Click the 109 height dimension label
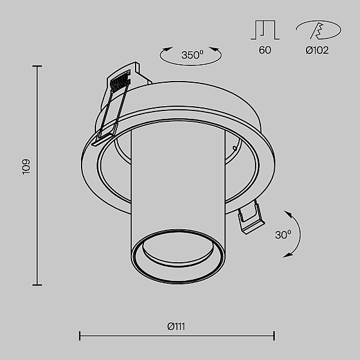[26, 166]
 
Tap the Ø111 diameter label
[176, 326]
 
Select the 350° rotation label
[193, 55]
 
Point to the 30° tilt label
[283, 235]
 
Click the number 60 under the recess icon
[265, 50]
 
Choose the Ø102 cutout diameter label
[317, 50]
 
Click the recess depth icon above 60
[265, 30]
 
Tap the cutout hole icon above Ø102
[318, 30]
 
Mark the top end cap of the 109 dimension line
[37, 66]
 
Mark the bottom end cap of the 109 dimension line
[37, 285]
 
